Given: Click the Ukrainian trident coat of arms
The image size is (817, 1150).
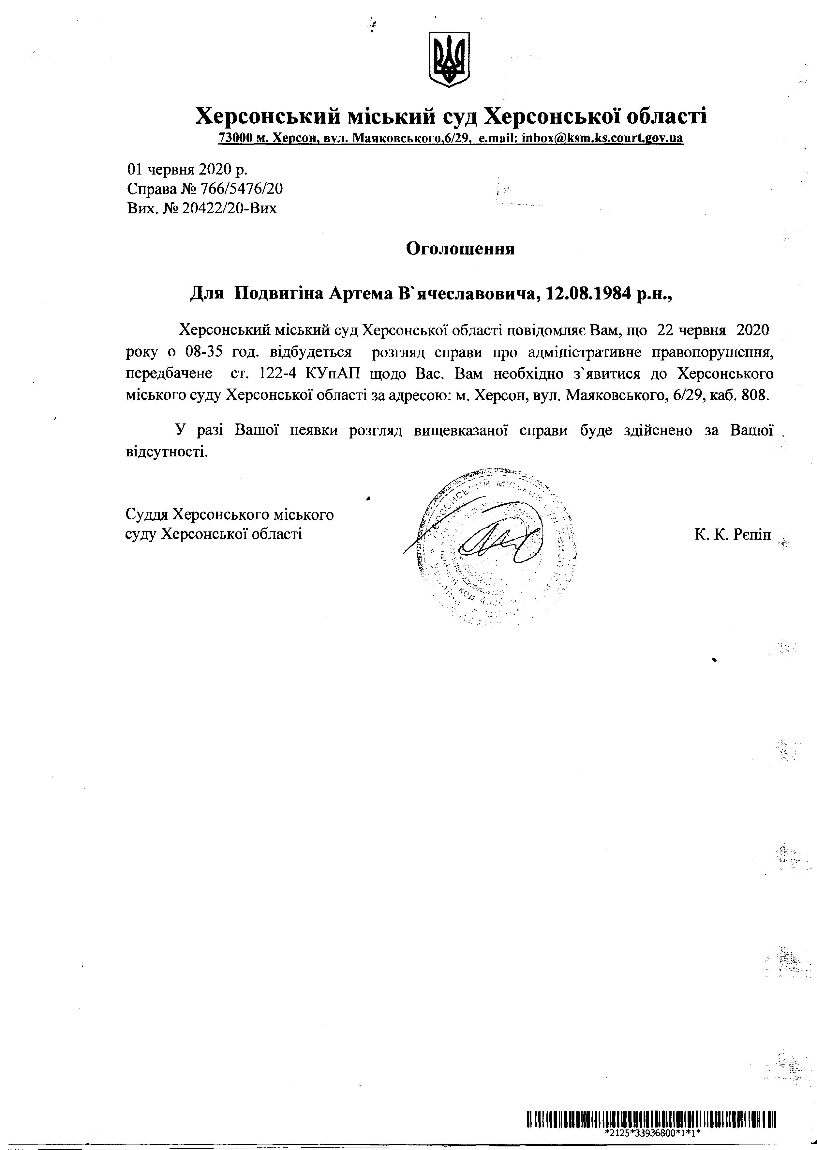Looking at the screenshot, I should [449, 59].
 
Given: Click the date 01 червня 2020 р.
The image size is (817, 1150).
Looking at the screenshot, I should [187, 169].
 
